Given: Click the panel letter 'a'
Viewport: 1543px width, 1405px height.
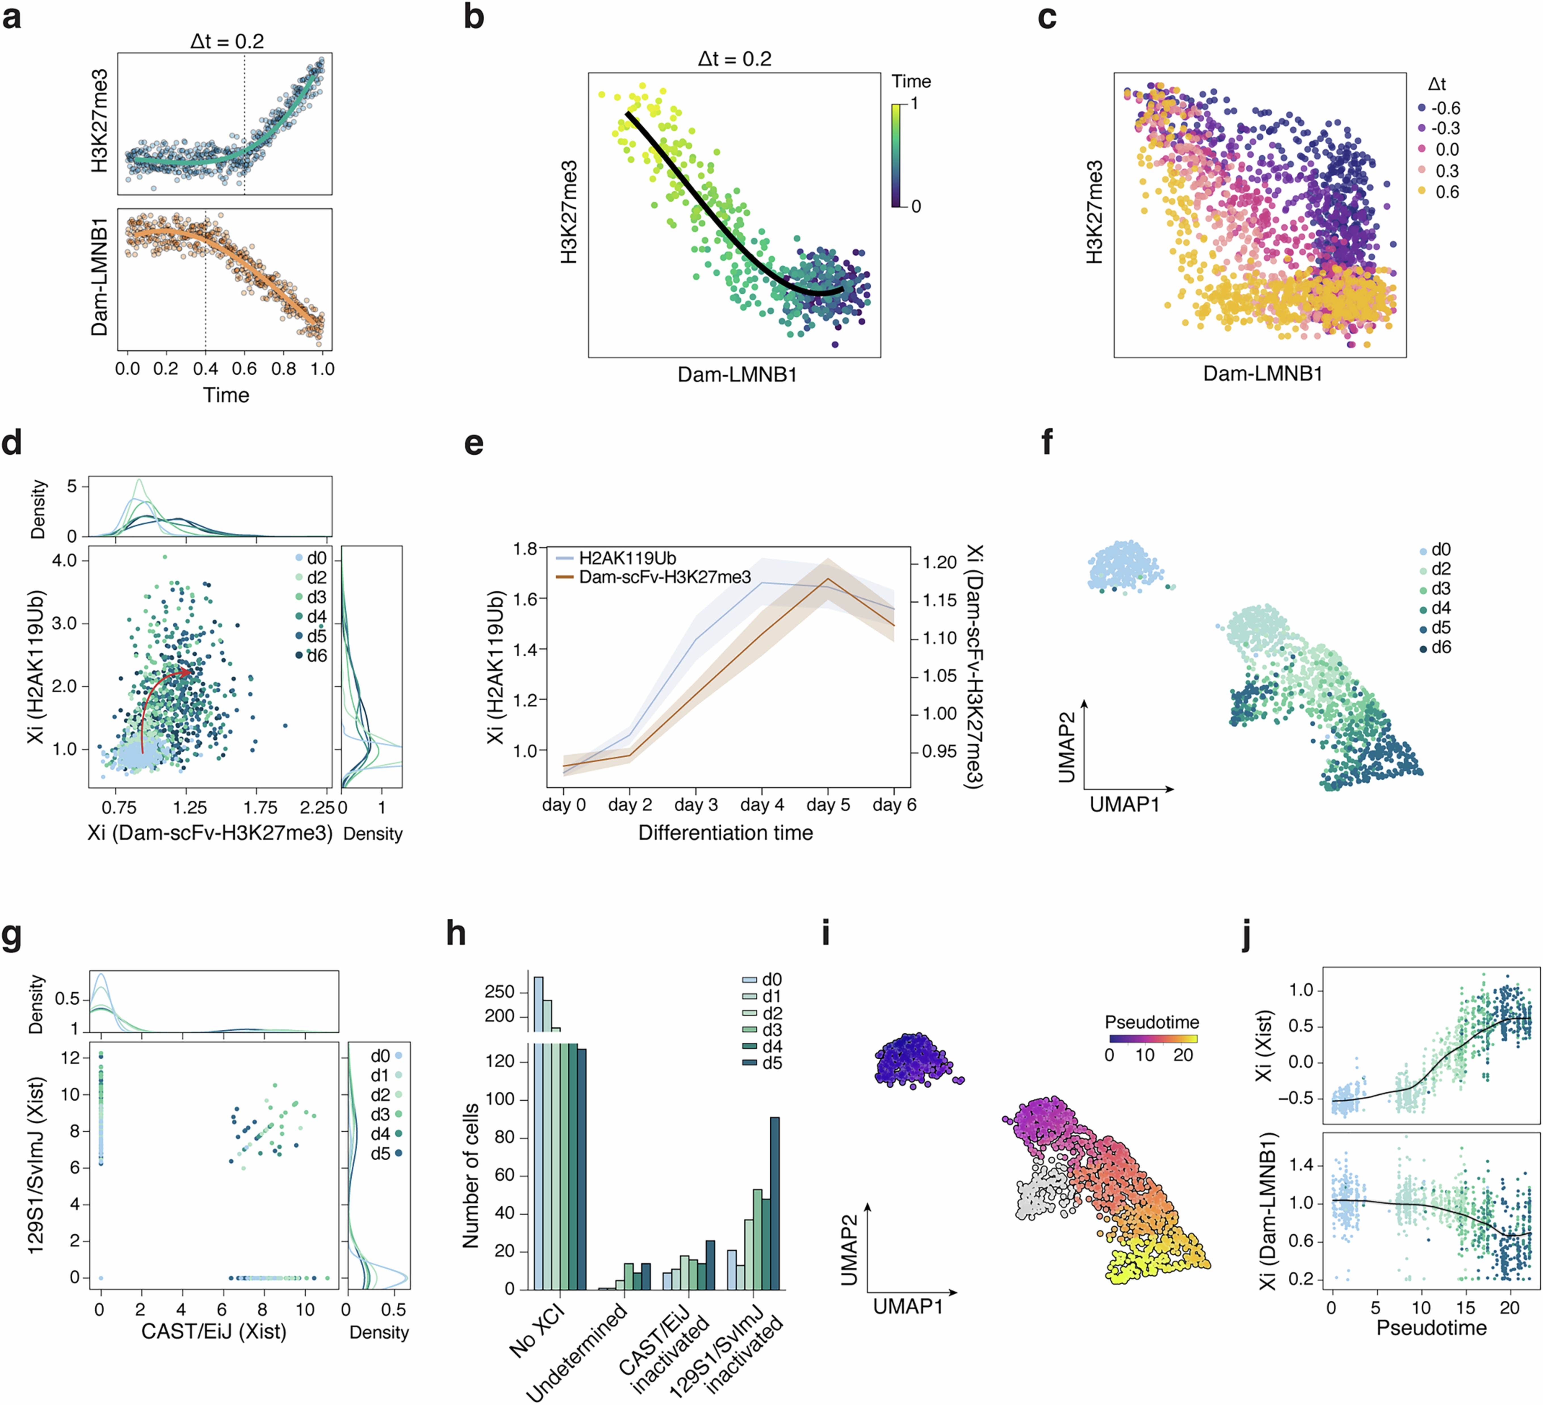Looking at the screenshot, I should [x=12, y=17].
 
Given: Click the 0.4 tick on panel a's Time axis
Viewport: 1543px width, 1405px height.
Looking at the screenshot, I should [x=205, y=369].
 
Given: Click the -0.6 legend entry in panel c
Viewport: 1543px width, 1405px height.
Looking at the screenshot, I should [x=1439, y=108].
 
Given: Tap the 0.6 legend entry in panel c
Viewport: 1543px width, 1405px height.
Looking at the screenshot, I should [x=1439, y=192].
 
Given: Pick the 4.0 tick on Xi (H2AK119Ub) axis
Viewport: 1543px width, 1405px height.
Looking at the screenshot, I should [x=64, y=560].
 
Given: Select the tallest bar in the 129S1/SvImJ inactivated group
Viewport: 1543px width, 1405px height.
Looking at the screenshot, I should [x=775, y=1203].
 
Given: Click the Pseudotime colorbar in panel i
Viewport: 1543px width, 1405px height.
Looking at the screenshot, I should [x=1153, y=1039].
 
